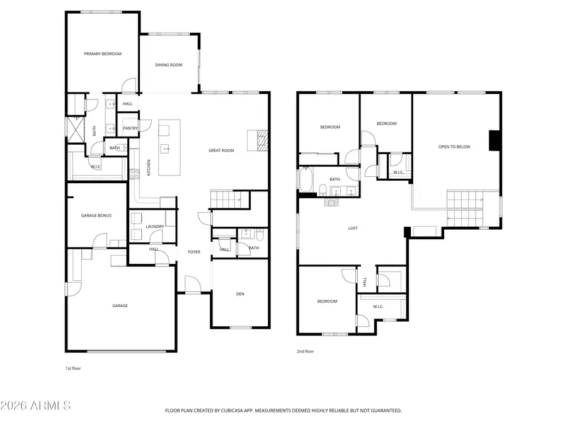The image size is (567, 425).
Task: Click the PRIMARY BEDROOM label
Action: pos(103,54)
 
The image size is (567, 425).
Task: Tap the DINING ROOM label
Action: pos(169,65)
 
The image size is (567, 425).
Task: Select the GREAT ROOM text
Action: pos(221,150)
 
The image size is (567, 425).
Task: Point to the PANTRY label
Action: pos(130,128)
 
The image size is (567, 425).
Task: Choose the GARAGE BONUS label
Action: pos(96,215)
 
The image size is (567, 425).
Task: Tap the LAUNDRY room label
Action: pos(155,227)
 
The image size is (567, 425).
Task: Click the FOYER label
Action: pos(194,252)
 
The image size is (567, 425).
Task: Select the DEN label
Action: pos(240,293)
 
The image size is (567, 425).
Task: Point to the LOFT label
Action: pos(353,229)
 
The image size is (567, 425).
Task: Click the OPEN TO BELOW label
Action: pos(454,147)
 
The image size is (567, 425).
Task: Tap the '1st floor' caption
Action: pos(73,368)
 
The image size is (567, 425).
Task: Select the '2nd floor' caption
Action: pos(305,351)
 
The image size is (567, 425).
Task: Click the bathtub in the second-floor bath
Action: pos(307,179)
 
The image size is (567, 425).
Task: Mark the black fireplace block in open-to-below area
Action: pos(495,140)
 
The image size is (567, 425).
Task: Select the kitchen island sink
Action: pos(166,150)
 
